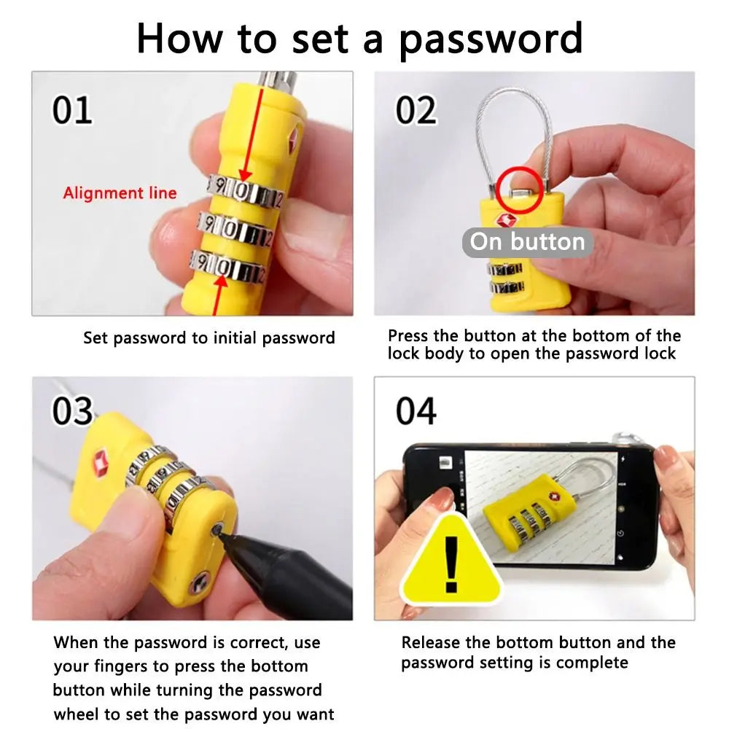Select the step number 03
[72, 411]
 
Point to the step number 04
[416, 411]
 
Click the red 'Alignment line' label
[120, 193]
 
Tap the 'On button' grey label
[527, 242]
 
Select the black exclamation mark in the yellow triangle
[452, 564]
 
